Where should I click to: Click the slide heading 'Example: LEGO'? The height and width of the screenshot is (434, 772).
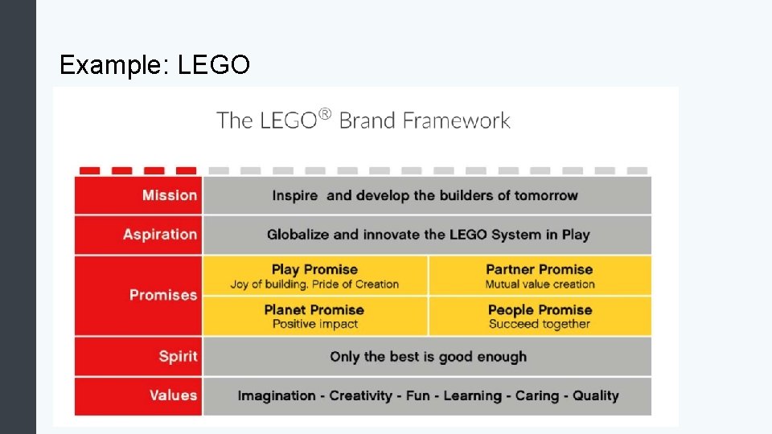(154, 64)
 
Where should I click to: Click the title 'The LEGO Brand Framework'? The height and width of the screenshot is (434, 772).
(363, 121)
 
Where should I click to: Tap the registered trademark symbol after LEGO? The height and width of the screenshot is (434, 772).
(324, 115)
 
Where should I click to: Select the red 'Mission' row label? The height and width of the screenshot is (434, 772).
(169, 195)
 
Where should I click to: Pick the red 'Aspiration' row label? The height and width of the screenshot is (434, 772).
(159, 235)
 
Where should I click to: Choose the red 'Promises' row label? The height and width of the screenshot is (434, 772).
(162, 295)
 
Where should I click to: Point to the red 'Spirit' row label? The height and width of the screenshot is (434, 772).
(178, 356)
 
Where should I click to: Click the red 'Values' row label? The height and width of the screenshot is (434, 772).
(173, 395)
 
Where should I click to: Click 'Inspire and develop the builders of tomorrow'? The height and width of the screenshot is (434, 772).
(425, 195)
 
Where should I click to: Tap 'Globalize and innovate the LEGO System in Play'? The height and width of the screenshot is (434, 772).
(428, 235)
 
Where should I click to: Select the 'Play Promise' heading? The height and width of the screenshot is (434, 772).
(314, 269)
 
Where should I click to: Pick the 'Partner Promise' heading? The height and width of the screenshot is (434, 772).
(539, 269)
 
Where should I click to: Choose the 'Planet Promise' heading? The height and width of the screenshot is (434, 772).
(314, 309)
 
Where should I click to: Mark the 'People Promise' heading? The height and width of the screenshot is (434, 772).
(540, 309)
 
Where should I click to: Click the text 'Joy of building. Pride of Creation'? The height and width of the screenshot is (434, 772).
(314, 284)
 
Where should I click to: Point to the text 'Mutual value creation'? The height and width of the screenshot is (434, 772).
(540, 284)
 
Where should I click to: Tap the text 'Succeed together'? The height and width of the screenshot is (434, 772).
(540, 324)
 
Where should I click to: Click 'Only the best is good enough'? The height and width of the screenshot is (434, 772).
(428, 356)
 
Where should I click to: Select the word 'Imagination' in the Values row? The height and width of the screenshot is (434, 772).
(277, 395)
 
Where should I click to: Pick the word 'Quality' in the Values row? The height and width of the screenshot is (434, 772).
(596, 395)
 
